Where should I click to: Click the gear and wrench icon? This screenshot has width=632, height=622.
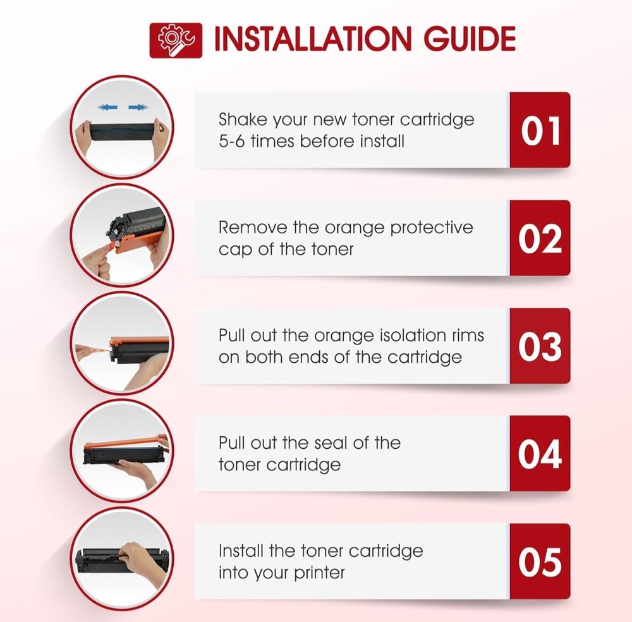click(x=176, y=40)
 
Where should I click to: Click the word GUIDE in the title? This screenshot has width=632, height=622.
click(x=470, y=39)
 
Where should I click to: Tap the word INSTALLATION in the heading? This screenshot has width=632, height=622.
click(x=312, y=39)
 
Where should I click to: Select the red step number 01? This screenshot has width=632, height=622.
click(x=540, y=130)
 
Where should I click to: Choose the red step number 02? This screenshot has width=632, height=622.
click(x=540, y=238)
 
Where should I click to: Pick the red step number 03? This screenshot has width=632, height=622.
click(x=540, y=346)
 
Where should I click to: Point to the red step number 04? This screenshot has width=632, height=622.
click(x=540, y=454)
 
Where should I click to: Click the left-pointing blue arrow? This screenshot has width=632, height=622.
click(x=107, y=107)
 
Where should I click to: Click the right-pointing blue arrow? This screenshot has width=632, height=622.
click(x=138, y=107)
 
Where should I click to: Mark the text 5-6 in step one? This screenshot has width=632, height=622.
click(x=232, y=142)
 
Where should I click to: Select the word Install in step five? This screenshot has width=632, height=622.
click(x=241, y=551)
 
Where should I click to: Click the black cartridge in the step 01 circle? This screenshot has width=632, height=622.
click(x=122, y=129)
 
